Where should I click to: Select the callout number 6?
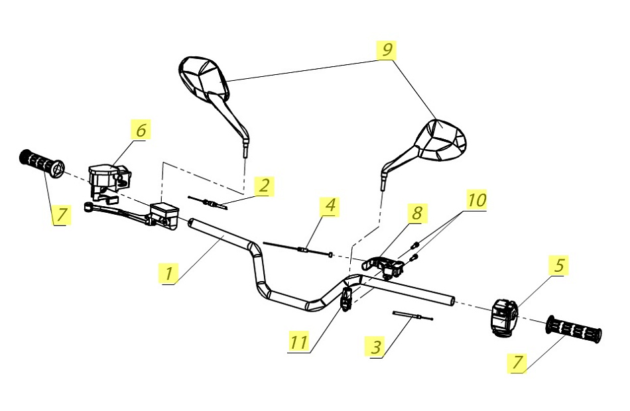(x=140, y=130)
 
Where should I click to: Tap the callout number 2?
(x=264, y=186)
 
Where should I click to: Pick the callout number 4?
(x=330, y=206)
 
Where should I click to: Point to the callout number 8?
(x=416, y=213)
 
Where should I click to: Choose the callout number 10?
(x=477, y=199)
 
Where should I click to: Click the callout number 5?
(x=559, y=265)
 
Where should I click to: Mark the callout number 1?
(x=169, y=272)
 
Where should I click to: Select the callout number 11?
(x=299, y=342)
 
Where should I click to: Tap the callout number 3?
(x=376, y=347)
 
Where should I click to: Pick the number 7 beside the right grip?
(x=517, y=362)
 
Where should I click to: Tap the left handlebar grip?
(x=42, y=163)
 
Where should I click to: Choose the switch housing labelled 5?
(x=504, y=317)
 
